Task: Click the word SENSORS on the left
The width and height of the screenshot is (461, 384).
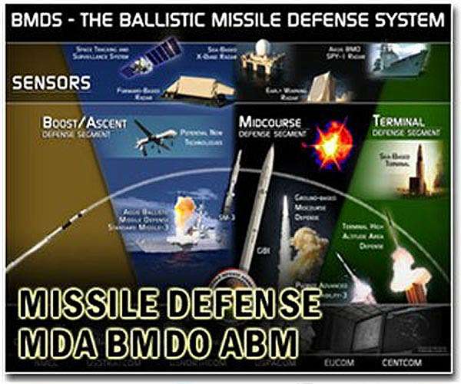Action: tap(51, 83)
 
